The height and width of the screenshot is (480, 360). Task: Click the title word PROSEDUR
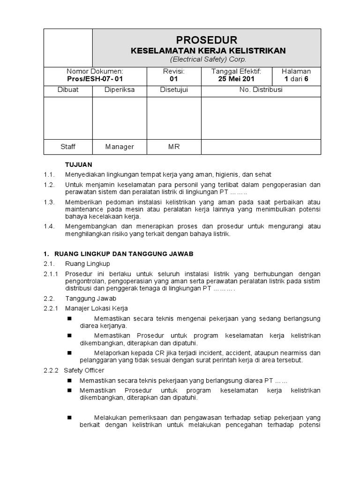(x=207, y=39)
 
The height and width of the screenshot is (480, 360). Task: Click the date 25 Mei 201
(x=236, y=79)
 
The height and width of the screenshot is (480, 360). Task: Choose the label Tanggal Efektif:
(x=236, y=71)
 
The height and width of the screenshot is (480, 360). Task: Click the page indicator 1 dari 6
(x=296, y=79)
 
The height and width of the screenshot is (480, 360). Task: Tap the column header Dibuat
(x=68, y=90)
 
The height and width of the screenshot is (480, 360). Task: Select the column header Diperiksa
(x=120, y=90)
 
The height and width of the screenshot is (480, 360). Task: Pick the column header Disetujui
(x=174, y=90)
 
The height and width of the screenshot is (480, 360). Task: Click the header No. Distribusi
(x=261, y=90)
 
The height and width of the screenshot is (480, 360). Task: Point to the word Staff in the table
(x=68, y=147)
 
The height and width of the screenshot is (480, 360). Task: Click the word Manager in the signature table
(x=120, y=147)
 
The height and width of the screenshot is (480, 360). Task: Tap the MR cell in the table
(x=174, y=147)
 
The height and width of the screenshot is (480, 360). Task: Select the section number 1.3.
(x=50, y=202)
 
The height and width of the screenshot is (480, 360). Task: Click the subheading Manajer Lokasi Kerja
(x=96, y=308)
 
